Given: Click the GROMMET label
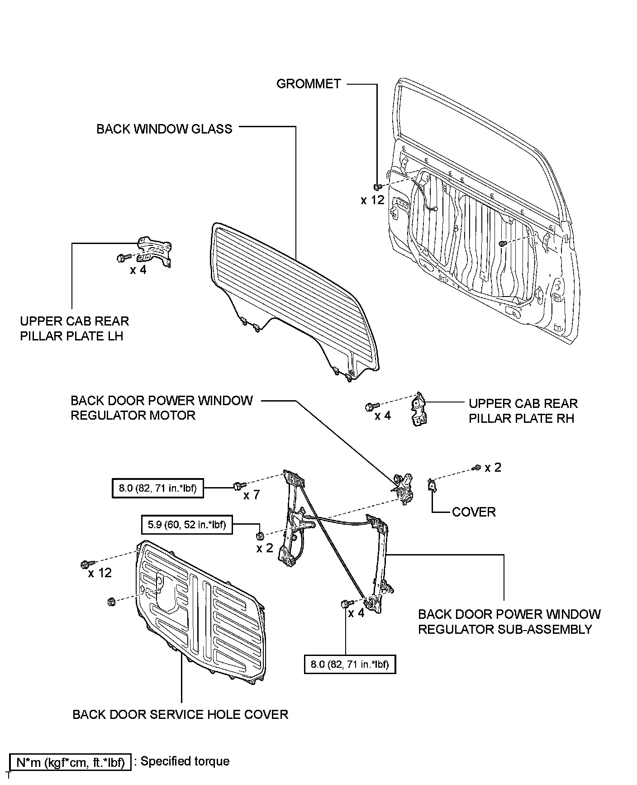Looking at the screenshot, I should [309, 84].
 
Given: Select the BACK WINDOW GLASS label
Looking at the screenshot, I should [164, 129].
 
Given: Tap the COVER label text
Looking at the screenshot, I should [474, 512].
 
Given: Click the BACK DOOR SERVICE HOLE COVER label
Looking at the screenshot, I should [180, 714].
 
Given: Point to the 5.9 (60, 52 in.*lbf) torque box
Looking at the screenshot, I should [187, 525].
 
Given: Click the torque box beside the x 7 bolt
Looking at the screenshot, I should [157, 488].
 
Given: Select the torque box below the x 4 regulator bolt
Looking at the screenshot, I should [350, 665].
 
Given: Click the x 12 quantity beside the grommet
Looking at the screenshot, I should [372, 200].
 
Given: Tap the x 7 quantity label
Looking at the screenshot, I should [252, 495].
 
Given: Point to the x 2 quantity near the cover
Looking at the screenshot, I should [493, 468].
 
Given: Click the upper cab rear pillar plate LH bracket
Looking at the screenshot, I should [155, 252].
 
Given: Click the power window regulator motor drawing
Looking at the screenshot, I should [403, 487].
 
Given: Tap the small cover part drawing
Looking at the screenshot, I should [432, 485].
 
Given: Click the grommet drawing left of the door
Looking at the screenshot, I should [377, 187].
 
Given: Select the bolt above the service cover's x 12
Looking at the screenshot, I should [86, 564].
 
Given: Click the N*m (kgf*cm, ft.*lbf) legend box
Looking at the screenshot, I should [70, 762].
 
